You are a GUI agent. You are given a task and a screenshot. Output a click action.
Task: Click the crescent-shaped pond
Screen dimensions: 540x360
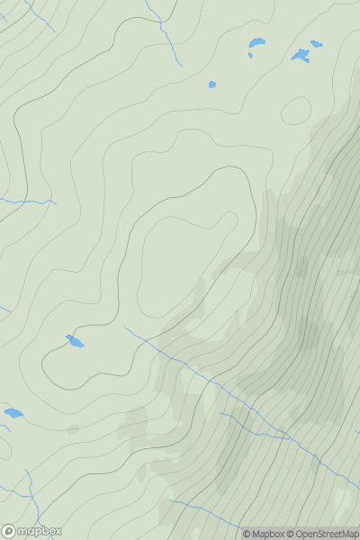click(x=256, y=42)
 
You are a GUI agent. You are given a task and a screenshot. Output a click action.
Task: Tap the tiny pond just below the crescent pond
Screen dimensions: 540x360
click(x=250, y=55)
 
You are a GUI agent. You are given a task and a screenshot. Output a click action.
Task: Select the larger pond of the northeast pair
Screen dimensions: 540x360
click(x=300, y=56)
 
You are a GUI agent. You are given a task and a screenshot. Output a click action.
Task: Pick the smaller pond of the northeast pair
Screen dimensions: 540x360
click(x=316, y=43)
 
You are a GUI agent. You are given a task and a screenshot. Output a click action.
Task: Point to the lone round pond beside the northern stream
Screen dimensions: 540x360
click(x=212, y=85)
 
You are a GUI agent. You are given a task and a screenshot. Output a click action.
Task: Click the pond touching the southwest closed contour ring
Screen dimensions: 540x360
click(x=75, y=341)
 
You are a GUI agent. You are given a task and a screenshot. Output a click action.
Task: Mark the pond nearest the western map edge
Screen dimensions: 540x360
click(x=13, y=413)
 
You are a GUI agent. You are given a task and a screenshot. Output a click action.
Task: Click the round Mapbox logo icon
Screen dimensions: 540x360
click(x=8, y=531)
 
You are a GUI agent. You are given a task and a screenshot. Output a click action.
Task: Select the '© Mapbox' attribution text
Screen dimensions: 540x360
click(x=263, y=535)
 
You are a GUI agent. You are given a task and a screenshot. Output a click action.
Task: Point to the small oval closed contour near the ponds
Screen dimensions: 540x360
click(x=295, y=111)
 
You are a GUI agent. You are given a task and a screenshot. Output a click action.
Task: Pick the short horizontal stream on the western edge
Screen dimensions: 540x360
click(x=27, y=202)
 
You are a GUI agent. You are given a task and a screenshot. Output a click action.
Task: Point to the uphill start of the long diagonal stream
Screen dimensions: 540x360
click(x=126, y=328)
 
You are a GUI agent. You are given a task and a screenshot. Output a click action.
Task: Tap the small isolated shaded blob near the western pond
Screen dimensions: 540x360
click(x=73, y=430)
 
